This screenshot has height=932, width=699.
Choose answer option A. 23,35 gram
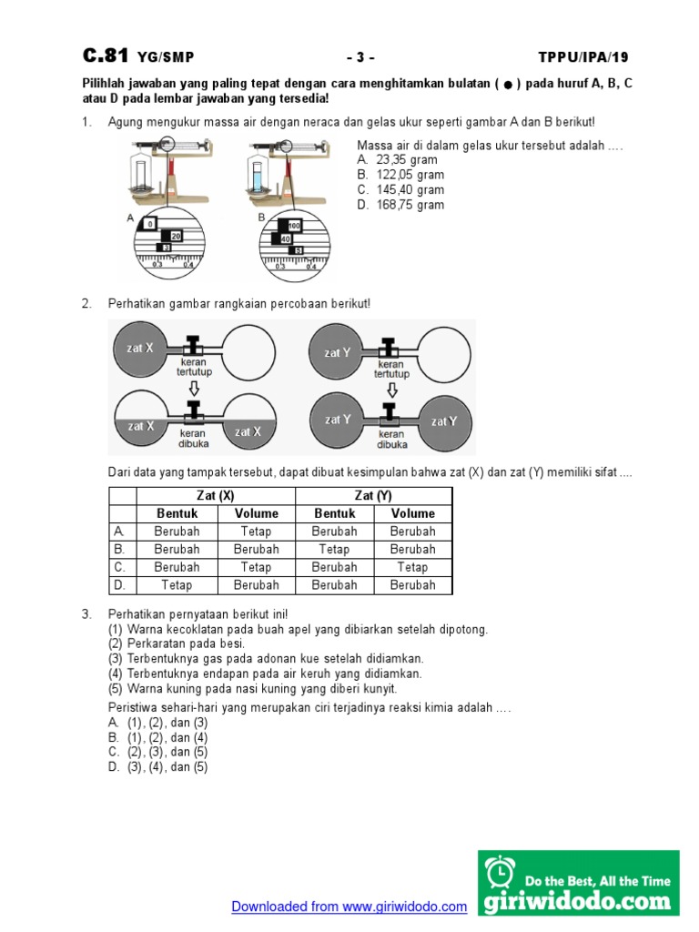(397, 160)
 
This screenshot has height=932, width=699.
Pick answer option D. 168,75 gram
(400, 205)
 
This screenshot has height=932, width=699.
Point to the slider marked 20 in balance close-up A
(176, 236)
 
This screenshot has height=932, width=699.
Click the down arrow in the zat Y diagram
(391, 390)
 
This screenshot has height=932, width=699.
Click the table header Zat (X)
(216, 495)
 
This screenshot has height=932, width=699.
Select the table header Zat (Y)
(373, 495)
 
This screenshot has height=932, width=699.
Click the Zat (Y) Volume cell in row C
(412, 567)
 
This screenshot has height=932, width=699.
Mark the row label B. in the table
(119, 549)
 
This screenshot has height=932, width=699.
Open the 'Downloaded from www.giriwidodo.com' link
(349, 907)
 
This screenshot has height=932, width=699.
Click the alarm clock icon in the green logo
(499, 873)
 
